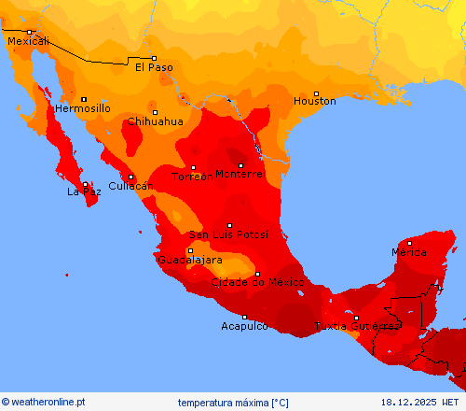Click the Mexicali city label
coord(27,41)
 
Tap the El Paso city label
coord(154,67)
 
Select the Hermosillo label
coord(83,108)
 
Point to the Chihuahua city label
coord(155,121)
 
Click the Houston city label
coord(314,101)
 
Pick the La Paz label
coord(83,191)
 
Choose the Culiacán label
coord(130,186)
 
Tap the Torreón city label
coord(192,177)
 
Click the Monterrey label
coord(240,175)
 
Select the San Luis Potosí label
coord(228,234)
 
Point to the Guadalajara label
coord(189,260)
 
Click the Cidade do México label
coord(258,282)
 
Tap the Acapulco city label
coord(244,326)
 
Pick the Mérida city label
coord(408,252)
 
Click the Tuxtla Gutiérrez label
coord(357,326)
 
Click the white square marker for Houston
coord(316,93)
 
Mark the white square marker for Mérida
coord(409,244)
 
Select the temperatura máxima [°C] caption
coord(233,403)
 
